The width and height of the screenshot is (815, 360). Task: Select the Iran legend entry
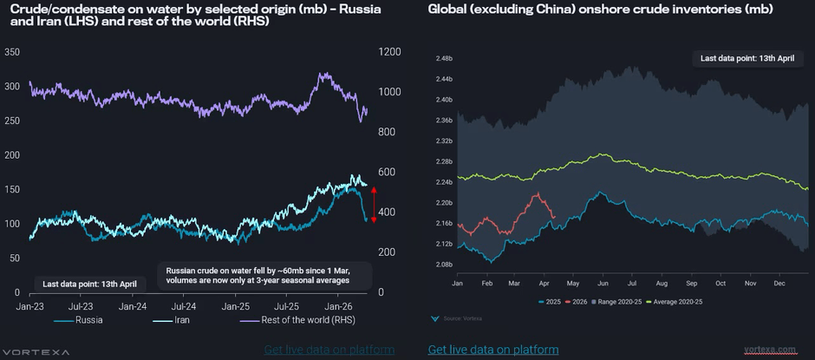pos(183,320)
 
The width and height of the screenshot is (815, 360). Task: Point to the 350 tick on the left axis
pos(13,52)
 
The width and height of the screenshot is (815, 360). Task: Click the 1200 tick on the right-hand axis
pos(390,52)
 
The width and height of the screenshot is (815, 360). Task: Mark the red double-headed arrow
pos(374,204)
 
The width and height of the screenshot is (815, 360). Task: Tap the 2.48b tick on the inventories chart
pos(445,58)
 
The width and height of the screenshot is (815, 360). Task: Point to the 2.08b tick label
pos(445,264)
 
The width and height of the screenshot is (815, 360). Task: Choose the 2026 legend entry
pos(576,301)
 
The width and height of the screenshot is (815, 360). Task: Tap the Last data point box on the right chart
pos(747,59)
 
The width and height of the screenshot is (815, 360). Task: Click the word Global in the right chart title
pos(448,10)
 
